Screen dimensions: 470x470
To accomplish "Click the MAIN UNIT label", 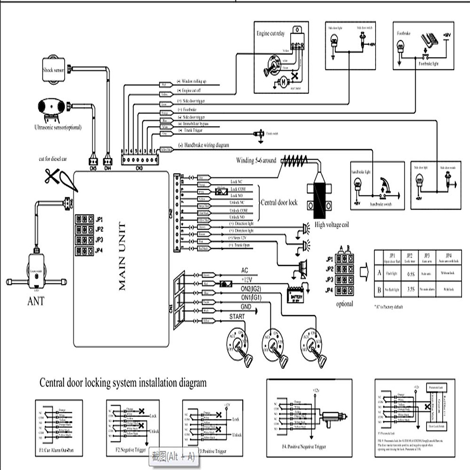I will coord(122,257).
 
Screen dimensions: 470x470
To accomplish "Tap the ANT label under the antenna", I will coord(36,301).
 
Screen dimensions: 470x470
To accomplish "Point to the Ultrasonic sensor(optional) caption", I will coord(58,127).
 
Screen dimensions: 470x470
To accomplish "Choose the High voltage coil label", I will coord(331,225).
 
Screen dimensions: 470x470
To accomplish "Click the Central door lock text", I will coord(279,202).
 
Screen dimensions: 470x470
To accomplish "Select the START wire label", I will coord(237,316).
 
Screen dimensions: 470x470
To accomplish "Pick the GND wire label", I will coord(246,307).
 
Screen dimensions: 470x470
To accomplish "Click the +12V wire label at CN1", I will coord(246,280).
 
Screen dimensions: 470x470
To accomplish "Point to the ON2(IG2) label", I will coord(251,289).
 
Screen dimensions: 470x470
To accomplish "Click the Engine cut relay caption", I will coord(270,34).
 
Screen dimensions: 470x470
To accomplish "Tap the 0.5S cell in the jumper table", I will coord(410,274).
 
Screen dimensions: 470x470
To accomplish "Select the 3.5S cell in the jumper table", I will coord(410,290).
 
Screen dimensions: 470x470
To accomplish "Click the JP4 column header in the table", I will coord(448,256).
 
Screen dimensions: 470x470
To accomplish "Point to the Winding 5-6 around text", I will coord(256,160).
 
